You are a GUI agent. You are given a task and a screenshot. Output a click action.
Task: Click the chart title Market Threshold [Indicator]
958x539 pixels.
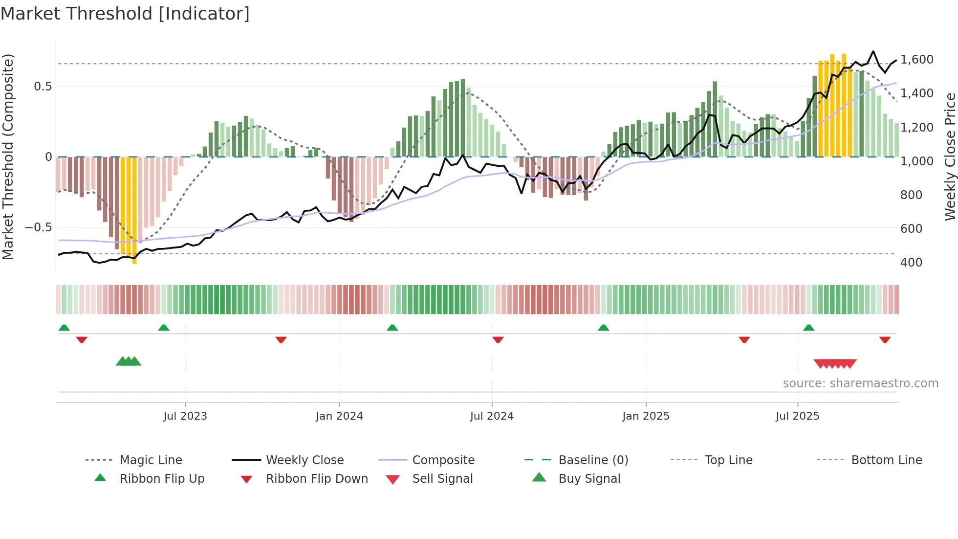(x=125, y=14)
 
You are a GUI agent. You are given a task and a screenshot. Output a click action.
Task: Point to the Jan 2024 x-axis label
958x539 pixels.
(x=339, y=416)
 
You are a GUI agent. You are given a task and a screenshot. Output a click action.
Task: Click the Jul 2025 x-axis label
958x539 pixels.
(x=797, y=416)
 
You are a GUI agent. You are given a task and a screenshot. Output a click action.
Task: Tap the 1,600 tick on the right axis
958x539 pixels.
(x=917, y=60)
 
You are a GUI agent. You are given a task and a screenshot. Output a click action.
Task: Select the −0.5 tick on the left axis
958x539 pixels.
(x=39, y=227)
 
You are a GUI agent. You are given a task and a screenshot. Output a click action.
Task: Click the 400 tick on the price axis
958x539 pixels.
(x=911, y=263)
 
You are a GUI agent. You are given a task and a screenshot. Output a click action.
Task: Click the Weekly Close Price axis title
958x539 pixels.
(x=950, y=157)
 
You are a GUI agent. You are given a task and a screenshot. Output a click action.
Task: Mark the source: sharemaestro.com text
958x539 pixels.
(x=860, y=383)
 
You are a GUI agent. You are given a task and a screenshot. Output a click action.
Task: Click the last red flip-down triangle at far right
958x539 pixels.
(x=885, y=339)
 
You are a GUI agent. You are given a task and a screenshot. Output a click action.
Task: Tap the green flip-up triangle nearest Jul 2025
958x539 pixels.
(x=808, y=328)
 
